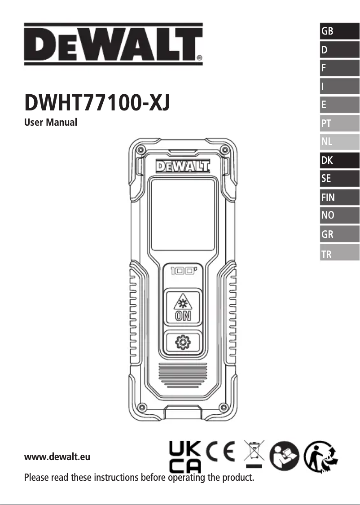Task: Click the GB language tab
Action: coord(339,31)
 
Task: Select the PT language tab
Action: coord(339,123)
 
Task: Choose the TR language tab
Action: coord(339,255)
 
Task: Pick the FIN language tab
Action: coord(339,197)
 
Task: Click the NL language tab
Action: coord(339,142)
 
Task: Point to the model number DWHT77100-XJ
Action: coord(97,103)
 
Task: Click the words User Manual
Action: coord(50,122)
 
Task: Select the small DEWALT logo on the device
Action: coord(183,167)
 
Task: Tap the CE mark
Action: coord(221,453)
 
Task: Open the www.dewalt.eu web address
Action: coord(57,457)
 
